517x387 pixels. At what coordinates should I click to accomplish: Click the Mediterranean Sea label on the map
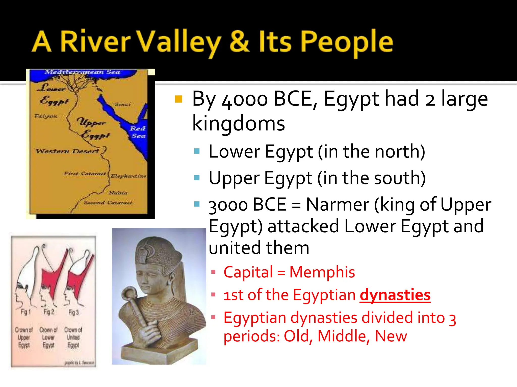click(82, 72)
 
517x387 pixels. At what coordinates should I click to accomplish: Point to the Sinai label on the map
click(123, 104)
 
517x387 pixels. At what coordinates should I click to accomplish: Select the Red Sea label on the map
click(138, 132)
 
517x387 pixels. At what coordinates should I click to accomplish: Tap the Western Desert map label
click(67, 151)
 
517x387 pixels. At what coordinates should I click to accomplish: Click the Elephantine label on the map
click(128, 176)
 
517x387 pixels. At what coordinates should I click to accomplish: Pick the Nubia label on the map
click(118, 193)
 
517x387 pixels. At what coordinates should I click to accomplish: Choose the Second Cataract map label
click(108, 203)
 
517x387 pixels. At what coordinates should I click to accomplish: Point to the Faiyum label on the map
click(46, 116)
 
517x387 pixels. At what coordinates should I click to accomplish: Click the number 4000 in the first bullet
click(245, 100)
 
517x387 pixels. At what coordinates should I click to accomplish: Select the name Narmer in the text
click(338, 204)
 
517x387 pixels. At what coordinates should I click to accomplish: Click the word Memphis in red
click(322, 272)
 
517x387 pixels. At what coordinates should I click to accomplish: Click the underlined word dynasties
click(395, 295)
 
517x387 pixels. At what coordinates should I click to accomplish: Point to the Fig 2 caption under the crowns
click(49, 312)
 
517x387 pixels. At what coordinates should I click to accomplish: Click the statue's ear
click(172, 279)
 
